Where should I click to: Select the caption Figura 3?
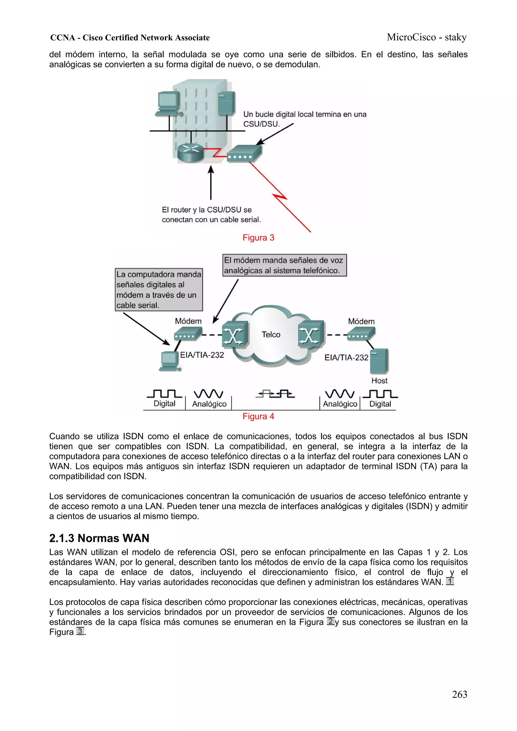(258, 238)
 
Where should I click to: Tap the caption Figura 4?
(258, 416)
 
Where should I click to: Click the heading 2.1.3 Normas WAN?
(99, 538)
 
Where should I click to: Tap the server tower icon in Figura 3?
(226, 103)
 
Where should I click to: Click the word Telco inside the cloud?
(271, 335)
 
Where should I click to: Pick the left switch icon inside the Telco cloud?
(235, 334)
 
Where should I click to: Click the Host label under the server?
(379, 381)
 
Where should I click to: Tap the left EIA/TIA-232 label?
(202, 355)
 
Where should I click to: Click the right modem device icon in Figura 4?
(361, 334)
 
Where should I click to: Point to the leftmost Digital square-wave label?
(164, 404)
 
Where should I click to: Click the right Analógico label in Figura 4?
(340, 404)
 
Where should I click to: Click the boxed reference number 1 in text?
(449, 581)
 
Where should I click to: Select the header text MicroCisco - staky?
(427, 37)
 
